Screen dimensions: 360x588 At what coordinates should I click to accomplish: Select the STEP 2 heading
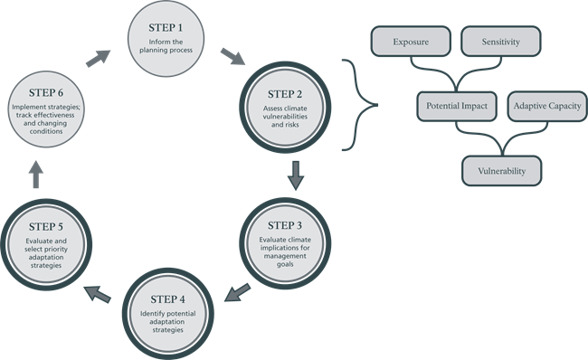click(x=287, y=93)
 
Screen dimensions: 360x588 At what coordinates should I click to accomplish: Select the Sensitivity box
click(x=501, y=42)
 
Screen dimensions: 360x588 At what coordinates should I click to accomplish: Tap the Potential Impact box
click(x=456, y=106)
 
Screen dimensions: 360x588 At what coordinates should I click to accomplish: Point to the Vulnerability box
click(x=501, y=170)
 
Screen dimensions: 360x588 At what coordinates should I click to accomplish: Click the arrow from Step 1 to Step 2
click(x=232, y=59)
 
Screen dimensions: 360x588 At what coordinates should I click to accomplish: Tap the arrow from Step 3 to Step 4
click(x=237, y=291)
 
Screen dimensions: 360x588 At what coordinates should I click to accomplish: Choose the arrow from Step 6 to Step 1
click(x=100, y=57)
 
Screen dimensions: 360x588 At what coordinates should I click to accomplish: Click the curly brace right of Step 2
click(x=360, y=105)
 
